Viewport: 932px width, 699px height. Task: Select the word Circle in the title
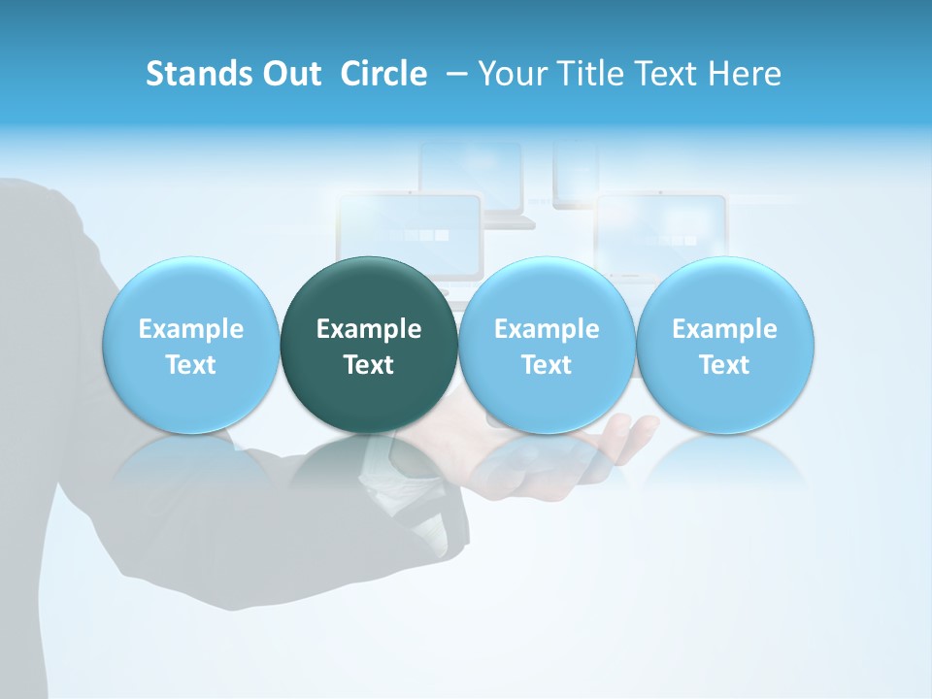point(383,74)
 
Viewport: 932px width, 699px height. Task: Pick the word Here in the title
point(746,74)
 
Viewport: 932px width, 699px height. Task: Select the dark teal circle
point(369,345)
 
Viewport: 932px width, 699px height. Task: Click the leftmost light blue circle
point(191,345)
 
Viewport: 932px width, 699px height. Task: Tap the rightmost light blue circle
point(724,345)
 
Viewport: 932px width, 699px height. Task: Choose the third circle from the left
point(547,345)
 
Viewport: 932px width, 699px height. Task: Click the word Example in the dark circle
point(369,329)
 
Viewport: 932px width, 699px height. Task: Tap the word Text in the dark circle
point(369,365)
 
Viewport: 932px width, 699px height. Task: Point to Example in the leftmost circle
point(191,329)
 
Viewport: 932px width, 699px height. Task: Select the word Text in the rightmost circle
point(724,365)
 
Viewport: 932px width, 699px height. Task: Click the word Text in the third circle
point(547,365)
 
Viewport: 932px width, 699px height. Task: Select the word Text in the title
point(670,74)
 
